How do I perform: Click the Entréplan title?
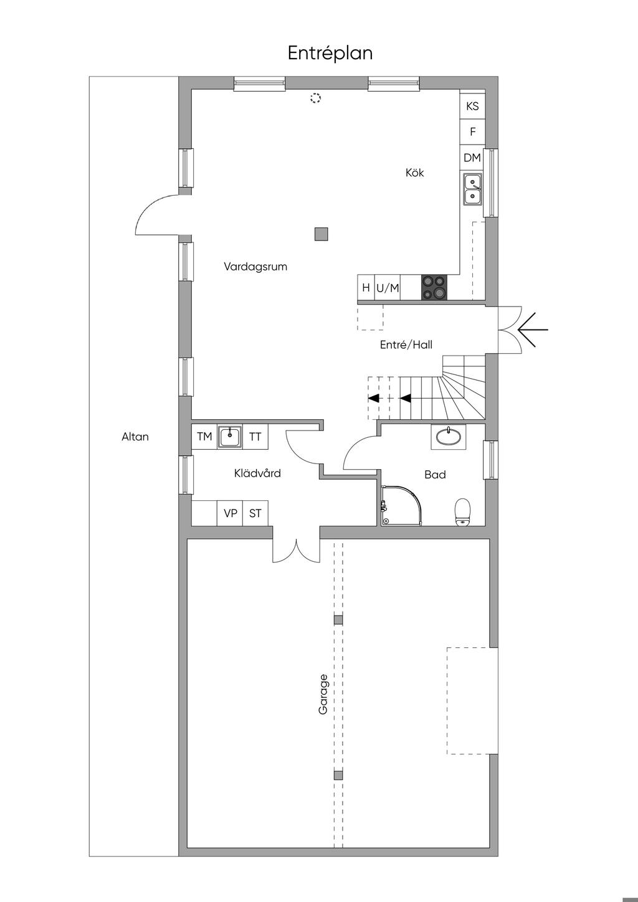[x=330, y=53]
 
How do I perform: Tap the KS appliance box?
[x=472, y=106]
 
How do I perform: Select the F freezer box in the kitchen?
[x=472, y=131]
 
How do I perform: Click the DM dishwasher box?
[x=472, y=158]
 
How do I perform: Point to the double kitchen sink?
[x=472, y=189]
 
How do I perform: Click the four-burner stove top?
[x=434, y=287]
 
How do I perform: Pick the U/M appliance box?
[x=388, y=288]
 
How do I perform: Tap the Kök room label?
[x=414, y=173]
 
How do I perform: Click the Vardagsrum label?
[x=255, y=267]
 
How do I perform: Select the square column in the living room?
[x=321, y=234]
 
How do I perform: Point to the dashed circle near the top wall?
[x=316, y=98]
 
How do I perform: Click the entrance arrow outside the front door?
[x=533, y=330]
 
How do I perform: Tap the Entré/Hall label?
[x=406, y=344]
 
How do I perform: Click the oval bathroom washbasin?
[x=449, y=437]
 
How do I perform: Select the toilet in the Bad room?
[x=462, y=512]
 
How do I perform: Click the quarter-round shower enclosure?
[x=401, y=505]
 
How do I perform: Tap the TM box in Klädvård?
[x=204, y=437]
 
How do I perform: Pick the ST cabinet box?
[x=255, y=513]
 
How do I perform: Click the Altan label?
[x=135, y=437]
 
